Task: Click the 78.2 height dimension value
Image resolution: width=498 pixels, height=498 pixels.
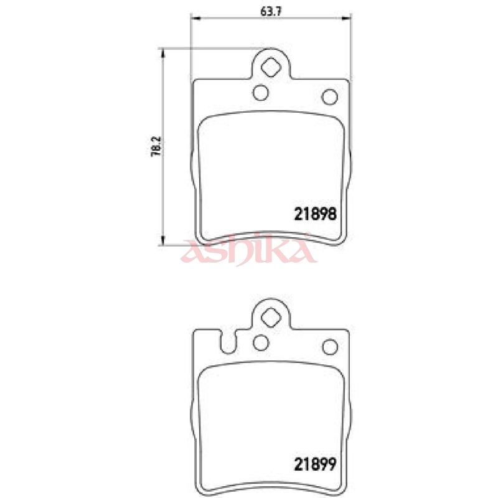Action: coord(156,147)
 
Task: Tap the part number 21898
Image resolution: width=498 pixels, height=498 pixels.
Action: coord(315,214)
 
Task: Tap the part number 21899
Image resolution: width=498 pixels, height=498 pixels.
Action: coord(315,464)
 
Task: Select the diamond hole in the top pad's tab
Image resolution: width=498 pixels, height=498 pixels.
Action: coord(271,67)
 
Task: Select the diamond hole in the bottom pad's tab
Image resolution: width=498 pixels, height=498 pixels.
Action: coord(271,317)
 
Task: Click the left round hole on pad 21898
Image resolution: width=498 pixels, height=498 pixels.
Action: coord(260,93)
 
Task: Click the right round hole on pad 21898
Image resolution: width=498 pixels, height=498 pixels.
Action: coord(330,96)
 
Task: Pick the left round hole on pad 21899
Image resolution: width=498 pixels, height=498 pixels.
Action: coord(261,343)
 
